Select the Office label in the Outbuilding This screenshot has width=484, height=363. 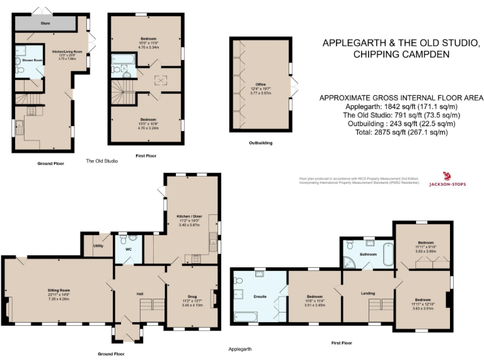260,83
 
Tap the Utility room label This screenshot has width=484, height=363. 98,246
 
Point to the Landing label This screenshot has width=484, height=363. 368,292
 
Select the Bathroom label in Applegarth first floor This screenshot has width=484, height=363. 368,254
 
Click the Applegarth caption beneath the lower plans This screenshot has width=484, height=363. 240,348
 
